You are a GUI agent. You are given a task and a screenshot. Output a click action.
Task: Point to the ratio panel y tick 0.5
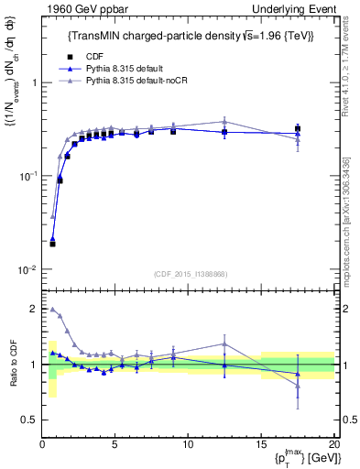pyautogui.click(x=29, y=420)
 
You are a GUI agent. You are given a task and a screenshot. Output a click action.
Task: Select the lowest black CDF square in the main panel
pyautogui.click(x=52, y=244)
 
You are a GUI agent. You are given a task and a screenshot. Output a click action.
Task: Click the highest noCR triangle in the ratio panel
pyautogui.click(x=52, y=310)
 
